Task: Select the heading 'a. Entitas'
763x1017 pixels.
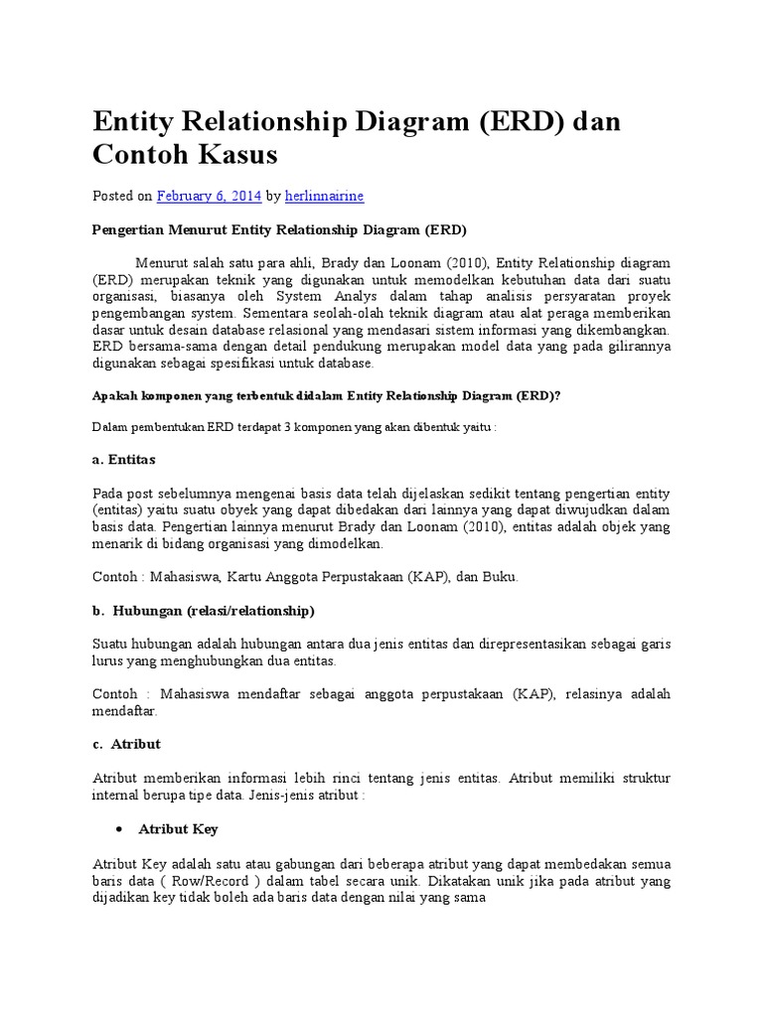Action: (123, 460)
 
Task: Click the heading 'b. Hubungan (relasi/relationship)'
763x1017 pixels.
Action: (204, 610)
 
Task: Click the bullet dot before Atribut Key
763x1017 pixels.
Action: (119, 828)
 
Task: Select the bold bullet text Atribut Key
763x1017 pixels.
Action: (178, 828)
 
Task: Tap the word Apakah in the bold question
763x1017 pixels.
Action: (115, 394)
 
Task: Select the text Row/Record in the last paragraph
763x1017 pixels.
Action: (228, 881)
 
